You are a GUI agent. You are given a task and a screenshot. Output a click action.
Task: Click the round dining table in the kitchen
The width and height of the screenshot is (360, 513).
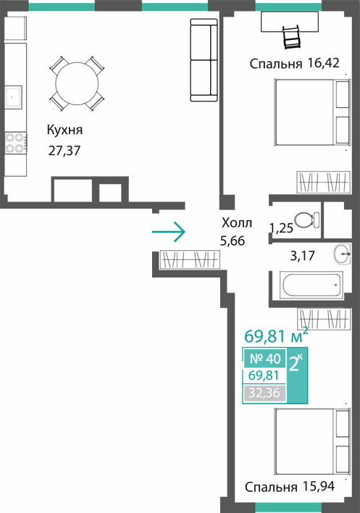77,83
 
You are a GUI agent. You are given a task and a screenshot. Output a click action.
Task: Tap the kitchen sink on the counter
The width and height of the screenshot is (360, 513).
14,97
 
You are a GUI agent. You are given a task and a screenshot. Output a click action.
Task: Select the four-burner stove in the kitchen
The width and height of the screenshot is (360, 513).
15,143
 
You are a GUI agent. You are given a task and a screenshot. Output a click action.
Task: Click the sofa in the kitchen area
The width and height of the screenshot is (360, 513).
204,60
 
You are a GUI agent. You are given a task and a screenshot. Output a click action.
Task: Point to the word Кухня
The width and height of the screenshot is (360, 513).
64,130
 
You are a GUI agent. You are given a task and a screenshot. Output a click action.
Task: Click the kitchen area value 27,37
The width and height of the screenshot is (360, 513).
64,151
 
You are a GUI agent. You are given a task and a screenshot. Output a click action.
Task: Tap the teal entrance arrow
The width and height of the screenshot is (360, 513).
169,232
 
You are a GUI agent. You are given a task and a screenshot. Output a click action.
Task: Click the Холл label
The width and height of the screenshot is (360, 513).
237,222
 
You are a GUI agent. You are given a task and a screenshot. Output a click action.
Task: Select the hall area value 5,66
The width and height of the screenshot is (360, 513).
233,241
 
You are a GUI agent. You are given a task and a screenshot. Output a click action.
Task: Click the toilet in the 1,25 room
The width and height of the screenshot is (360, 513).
306,220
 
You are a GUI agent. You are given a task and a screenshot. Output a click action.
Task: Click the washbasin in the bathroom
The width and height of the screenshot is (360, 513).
343,254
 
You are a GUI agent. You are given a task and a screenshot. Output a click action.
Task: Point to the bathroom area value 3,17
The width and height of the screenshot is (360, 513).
303,256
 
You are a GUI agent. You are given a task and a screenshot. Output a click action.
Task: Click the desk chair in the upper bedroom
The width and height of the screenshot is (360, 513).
292,37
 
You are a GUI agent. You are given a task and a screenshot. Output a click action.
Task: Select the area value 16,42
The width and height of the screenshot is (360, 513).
323,63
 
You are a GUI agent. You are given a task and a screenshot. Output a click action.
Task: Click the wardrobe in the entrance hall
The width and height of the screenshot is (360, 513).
190,260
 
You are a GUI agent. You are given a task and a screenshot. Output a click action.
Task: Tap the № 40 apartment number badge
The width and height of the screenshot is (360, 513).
265,359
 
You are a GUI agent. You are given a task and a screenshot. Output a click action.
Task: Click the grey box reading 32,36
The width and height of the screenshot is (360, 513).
264,393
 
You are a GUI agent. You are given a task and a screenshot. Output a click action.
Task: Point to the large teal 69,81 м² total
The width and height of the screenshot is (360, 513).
276,335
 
